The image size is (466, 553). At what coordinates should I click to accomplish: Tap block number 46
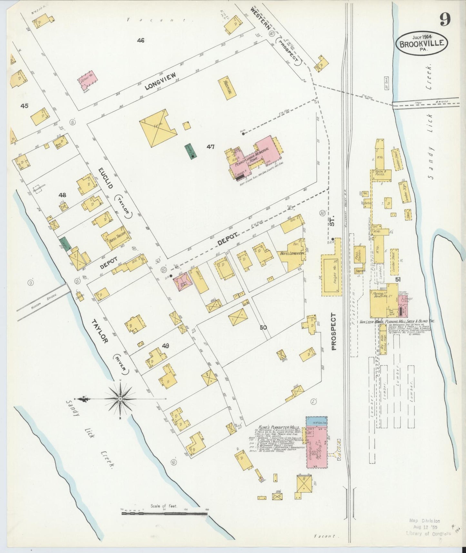(x=140, y=40)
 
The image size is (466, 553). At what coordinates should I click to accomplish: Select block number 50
(x=263, y=327)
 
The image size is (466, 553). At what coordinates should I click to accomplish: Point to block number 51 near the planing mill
(x=398, y=280)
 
